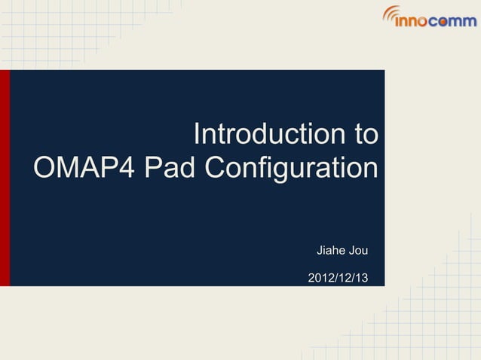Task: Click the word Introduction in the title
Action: [x=267, y=136]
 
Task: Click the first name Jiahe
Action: [x=329, y=249]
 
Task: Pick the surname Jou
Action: [x=357, y=249]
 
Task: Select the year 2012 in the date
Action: [x=322, y=279]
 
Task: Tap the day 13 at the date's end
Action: [x=362, y=279]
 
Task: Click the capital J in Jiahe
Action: [x=320, y=249]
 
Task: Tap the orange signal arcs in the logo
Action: [x=391, y=12]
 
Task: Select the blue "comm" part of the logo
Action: [x=456, y=21]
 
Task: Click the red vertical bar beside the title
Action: [x=5, y=178]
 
